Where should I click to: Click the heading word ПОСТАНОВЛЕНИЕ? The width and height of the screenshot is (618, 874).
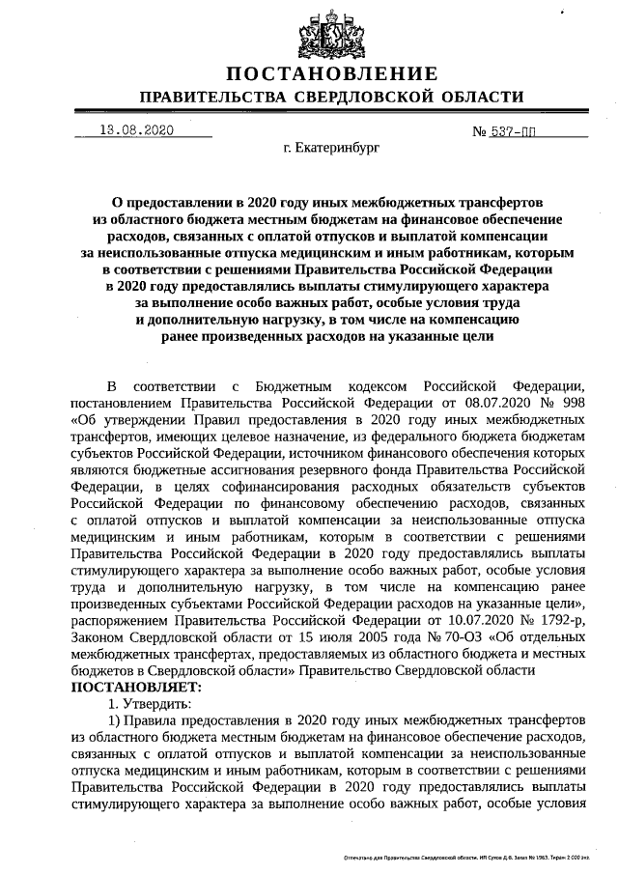point(332,74)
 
